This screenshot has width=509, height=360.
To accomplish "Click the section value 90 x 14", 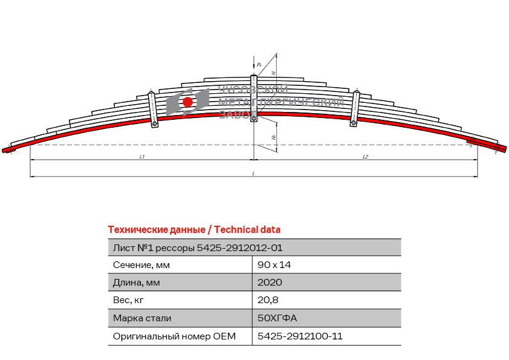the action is (274, 264).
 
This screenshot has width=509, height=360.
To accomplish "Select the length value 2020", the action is (270, 282).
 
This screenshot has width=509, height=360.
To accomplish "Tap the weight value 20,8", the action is (268, 299).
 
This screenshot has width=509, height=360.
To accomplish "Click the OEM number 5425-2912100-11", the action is (300, 336).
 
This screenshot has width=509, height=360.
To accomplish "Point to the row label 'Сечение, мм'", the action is (141, 264).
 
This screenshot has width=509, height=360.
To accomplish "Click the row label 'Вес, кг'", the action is (128, 299).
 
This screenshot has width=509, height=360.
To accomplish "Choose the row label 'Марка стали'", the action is (142, 318).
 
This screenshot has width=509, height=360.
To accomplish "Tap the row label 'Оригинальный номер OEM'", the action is (174, 336).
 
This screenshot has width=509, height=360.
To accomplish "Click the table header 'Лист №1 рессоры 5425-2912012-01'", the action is (197, 247).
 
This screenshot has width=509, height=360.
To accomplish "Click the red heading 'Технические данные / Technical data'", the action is (194, 230).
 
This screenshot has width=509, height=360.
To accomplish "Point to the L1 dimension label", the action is (141, 157).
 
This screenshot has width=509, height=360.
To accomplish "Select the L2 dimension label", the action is (365, 157).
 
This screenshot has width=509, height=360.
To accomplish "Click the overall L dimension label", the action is (253, 174).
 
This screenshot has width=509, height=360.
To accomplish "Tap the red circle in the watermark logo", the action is (187, 102).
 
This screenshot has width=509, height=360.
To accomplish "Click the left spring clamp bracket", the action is (153, 109).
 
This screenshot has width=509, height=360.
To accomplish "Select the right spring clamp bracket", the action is (355, 107).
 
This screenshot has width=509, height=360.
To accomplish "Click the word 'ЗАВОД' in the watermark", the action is (237, 114).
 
